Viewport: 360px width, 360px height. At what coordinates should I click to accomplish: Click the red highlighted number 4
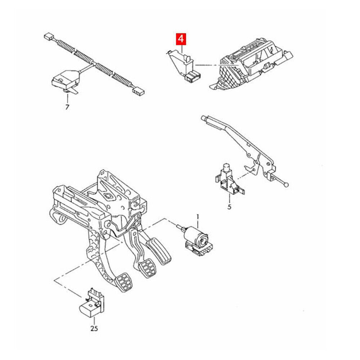181,39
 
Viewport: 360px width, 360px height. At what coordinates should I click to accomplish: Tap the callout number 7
67,107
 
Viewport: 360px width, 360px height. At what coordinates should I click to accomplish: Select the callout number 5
229,207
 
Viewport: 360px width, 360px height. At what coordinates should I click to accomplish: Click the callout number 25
94,328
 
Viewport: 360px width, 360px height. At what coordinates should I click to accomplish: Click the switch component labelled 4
184,66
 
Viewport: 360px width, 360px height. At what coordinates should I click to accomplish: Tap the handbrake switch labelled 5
230,179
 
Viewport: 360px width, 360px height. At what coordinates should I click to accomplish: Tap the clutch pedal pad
124,282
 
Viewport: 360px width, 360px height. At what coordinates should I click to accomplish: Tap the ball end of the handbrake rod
286,184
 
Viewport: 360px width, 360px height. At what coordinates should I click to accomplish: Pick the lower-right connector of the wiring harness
139,91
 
